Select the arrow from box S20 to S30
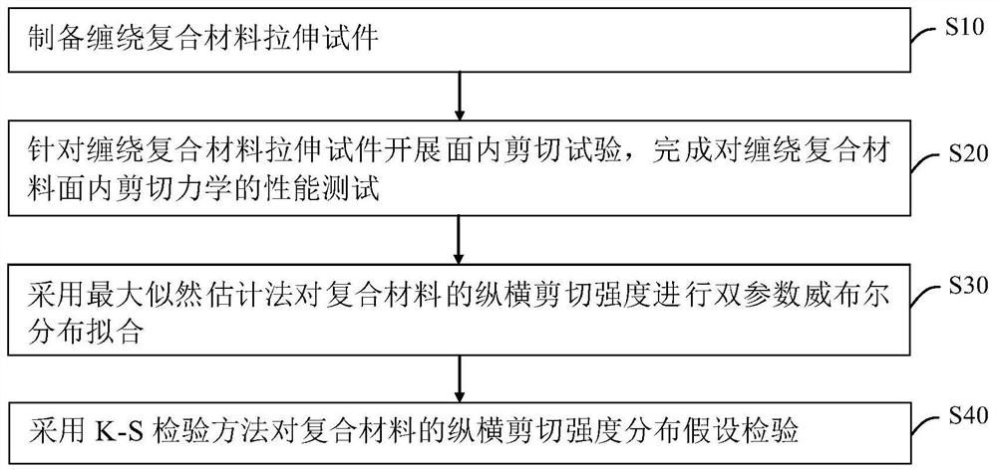459,236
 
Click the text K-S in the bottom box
121,432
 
